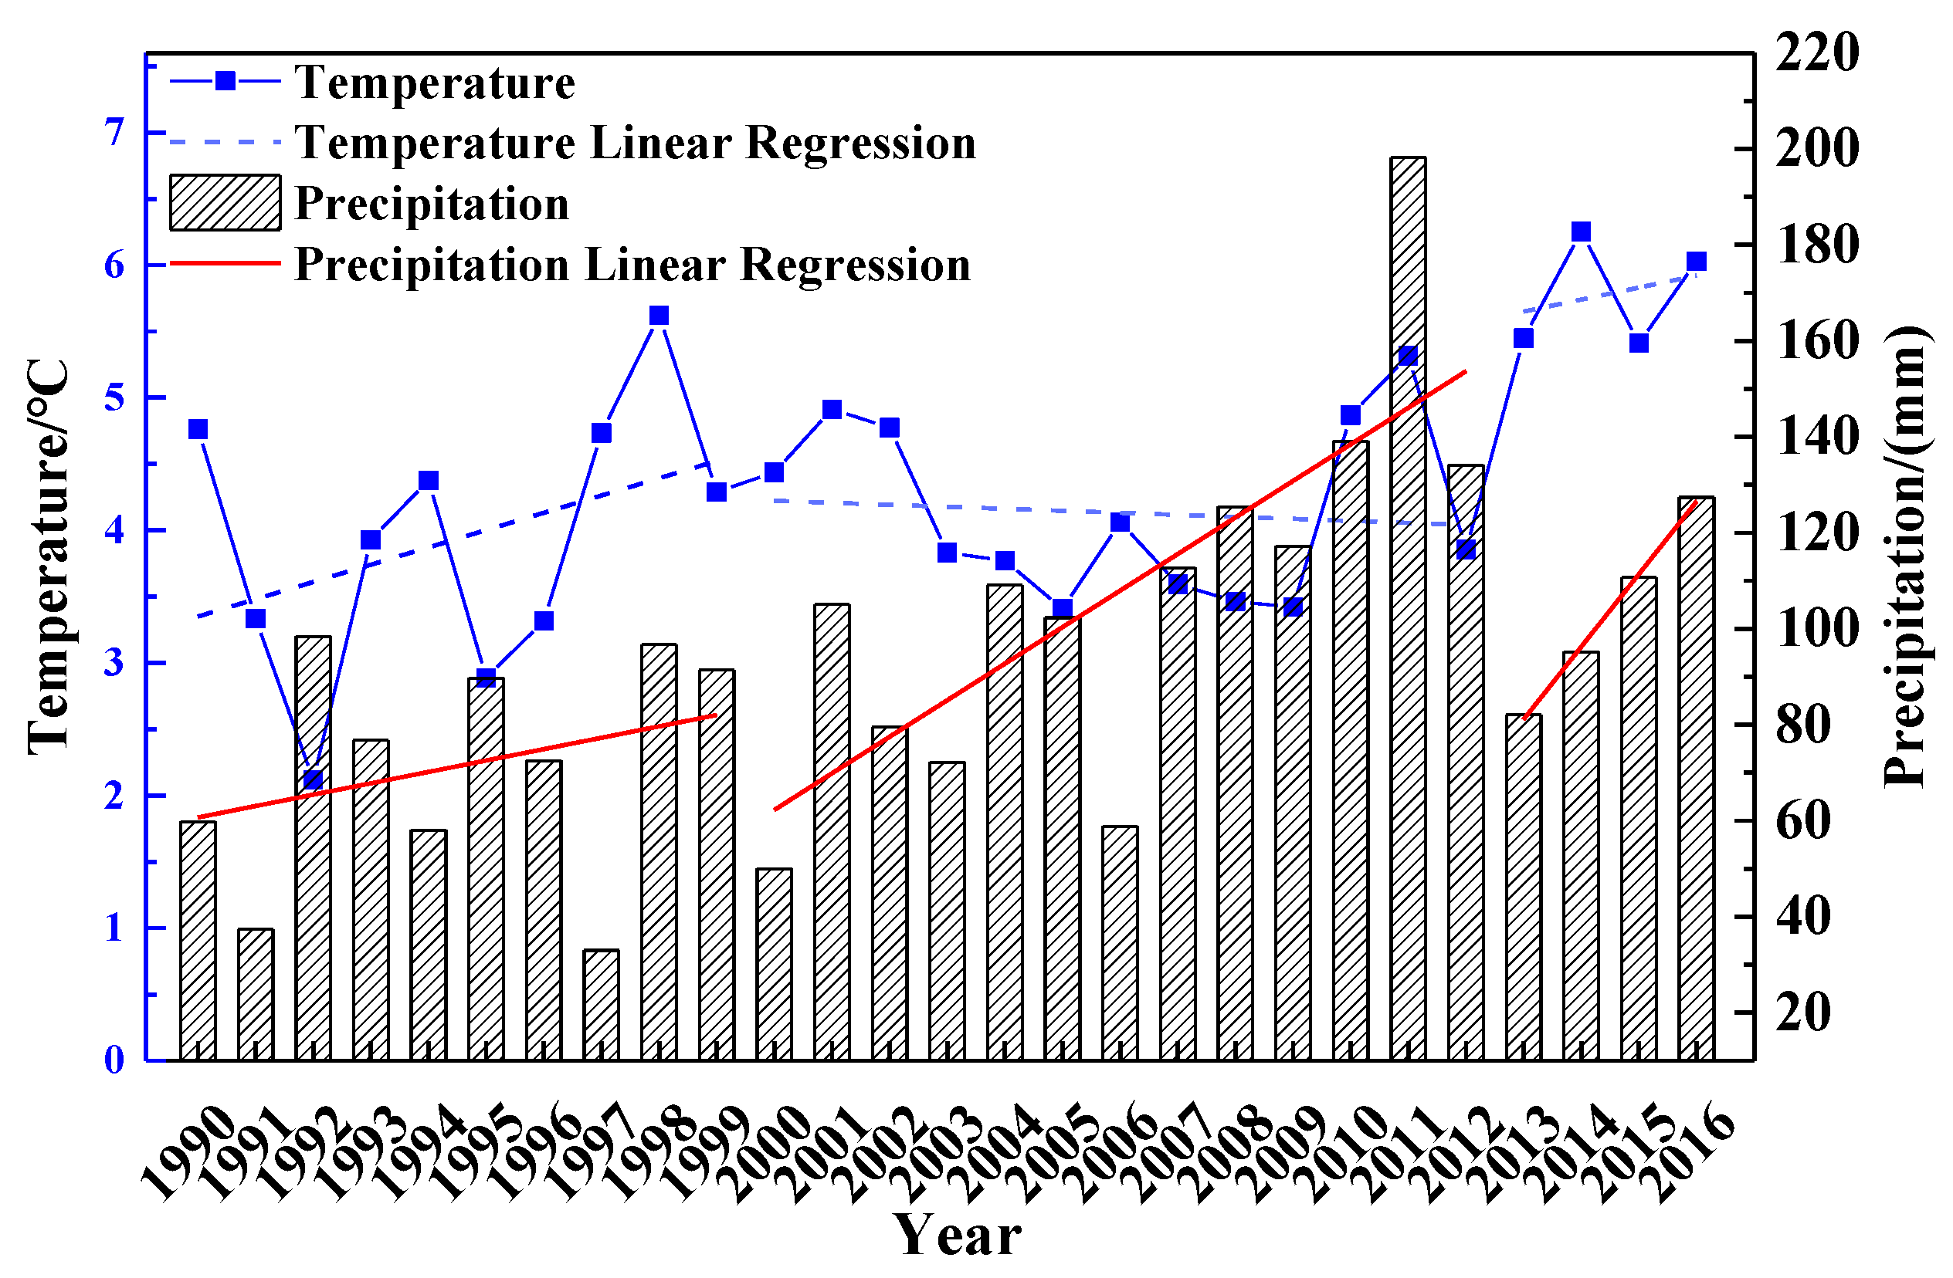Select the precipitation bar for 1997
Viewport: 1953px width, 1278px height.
click(602, 1004)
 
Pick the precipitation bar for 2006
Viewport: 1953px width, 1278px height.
click(1120, 943)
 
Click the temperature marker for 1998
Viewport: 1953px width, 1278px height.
click(659, 316)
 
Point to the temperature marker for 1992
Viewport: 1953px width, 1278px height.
click(313, 779)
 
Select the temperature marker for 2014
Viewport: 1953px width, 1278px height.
click(1582, 232)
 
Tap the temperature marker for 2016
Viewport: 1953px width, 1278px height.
click(1697, 262)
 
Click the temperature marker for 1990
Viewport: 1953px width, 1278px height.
click(198, 429)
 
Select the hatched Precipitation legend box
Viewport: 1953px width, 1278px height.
click(225, 203)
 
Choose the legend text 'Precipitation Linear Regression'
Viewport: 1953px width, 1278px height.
click(632, 264)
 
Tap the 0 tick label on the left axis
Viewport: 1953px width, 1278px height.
click(114, 1060)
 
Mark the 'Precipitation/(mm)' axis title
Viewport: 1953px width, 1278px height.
click(1904, 558)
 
